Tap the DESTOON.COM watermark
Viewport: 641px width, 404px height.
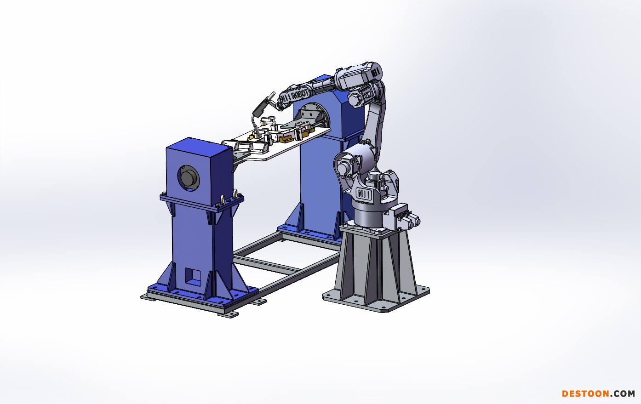[x=598, y=394]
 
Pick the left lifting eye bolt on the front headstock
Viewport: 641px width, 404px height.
[x=223, y=199]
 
